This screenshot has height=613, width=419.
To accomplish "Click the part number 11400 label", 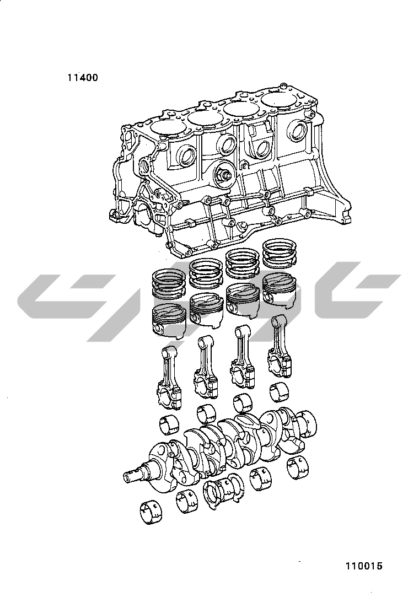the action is click(83, 78).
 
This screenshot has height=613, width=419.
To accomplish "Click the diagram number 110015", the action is click(363, 566).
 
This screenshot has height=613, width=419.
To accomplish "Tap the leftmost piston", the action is click(169, 319).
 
